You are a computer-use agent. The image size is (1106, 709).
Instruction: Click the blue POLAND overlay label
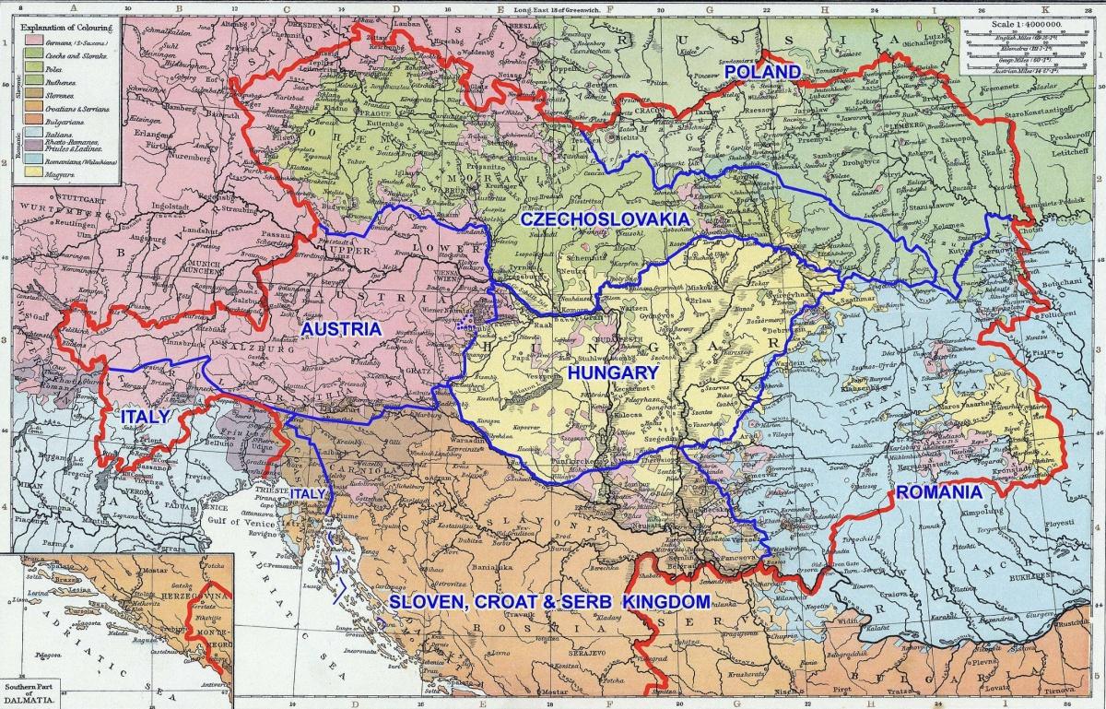pos(762,72)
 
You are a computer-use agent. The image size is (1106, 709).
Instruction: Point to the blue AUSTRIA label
pos(341,329)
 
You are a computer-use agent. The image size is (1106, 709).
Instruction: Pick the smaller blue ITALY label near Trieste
pos(307,494)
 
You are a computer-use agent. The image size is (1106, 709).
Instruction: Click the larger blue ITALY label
pos(146,418)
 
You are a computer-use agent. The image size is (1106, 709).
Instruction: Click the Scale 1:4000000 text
pos(1026,28)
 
